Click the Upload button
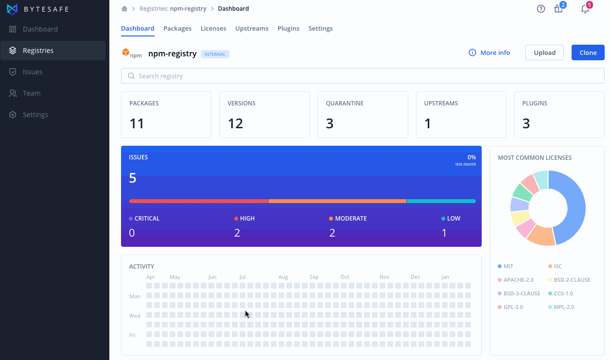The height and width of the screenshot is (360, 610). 544,52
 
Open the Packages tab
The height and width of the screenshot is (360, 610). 177,28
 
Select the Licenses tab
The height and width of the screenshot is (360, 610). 213,28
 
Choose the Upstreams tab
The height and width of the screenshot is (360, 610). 252,28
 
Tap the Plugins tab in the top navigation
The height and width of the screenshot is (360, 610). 288,28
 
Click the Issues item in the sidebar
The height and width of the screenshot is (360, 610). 33,72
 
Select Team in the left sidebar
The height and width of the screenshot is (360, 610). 32,93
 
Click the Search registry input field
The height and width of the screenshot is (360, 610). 363,76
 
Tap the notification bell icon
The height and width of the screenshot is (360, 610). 585,9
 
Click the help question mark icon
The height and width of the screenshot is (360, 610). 541,9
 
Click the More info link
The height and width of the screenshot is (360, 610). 489,52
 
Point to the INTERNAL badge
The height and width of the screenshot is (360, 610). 215,54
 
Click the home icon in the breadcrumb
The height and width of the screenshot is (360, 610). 124,9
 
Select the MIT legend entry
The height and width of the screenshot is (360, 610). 505,266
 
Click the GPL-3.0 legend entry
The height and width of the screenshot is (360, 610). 510,307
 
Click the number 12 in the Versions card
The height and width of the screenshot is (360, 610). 235,123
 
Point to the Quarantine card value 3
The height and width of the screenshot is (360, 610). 330,123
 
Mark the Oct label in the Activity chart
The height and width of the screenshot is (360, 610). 345,277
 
